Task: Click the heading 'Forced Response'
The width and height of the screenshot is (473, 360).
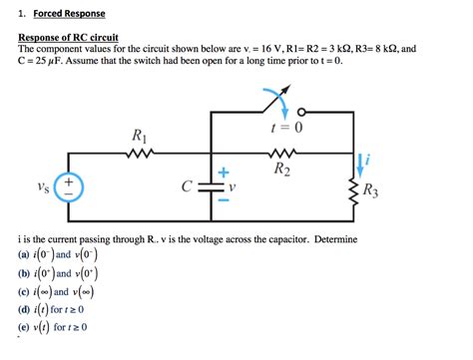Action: click(69, 14)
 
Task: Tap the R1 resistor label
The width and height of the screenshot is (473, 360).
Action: click(140, 136)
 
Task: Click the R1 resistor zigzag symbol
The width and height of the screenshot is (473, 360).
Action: click(140, 155)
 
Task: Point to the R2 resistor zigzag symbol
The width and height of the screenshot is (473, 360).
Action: click(281, 155)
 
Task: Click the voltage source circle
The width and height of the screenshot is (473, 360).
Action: click(69, 186)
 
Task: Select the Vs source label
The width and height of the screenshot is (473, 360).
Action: click(42, 186)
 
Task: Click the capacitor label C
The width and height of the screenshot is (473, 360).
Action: click(186, 186)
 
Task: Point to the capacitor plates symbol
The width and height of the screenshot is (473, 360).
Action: click(211, 186)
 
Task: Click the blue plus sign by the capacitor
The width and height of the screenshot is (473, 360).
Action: click(224, 173)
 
